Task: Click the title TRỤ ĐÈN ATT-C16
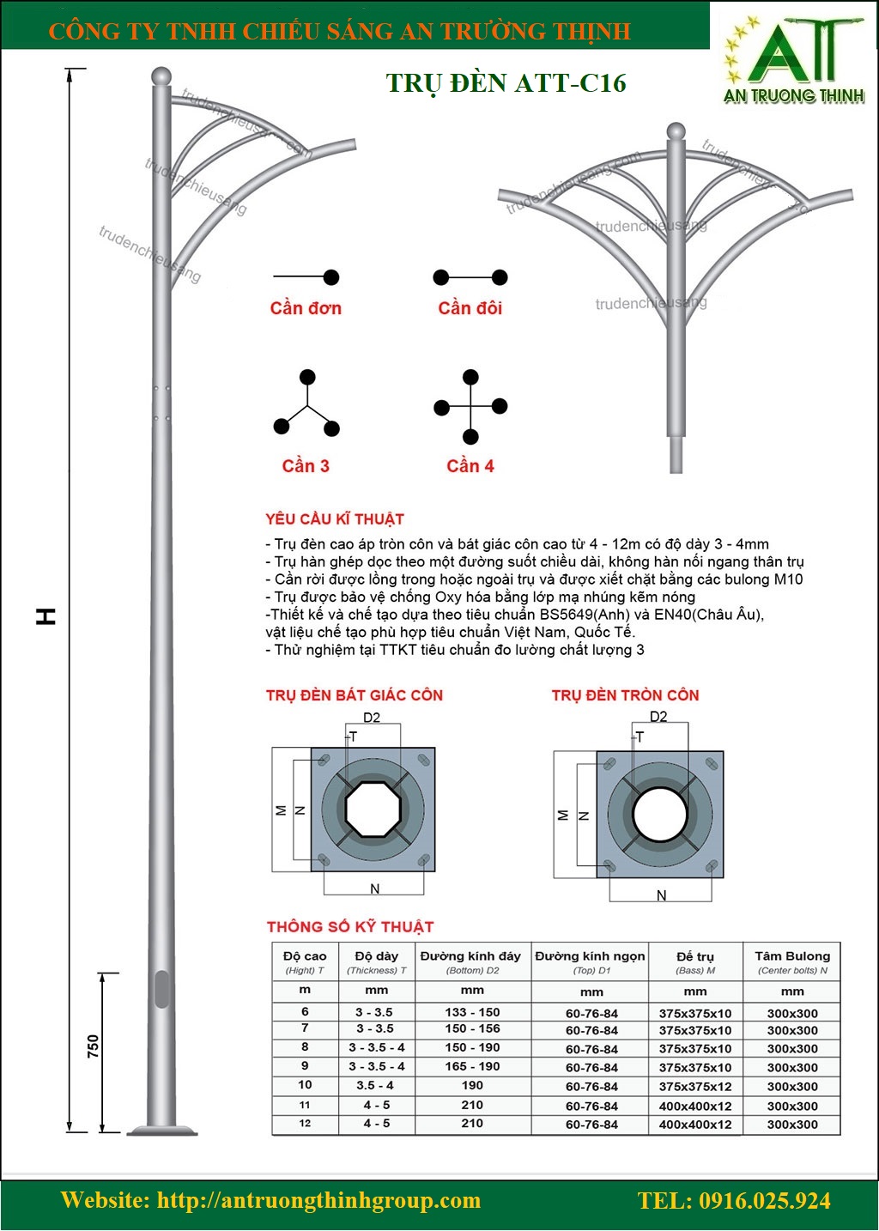(506, 82)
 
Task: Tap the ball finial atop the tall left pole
(161, 76)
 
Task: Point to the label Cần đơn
(306, 308)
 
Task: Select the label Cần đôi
(470, 308)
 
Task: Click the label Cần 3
(306, 466)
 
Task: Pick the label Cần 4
(470, 466)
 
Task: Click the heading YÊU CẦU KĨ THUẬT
(335, 518)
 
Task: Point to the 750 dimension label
(94, 1046)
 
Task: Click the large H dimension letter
(46, 615)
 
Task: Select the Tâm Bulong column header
(791, 961)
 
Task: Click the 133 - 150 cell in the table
(472, 1012)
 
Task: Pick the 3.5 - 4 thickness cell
(376, 1085)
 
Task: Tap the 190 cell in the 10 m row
(472, 1085)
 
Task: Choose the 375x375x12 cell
(695, 1087)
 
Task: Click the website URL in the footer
(270, 1200)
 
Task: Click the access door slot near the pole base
(161, 989)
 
